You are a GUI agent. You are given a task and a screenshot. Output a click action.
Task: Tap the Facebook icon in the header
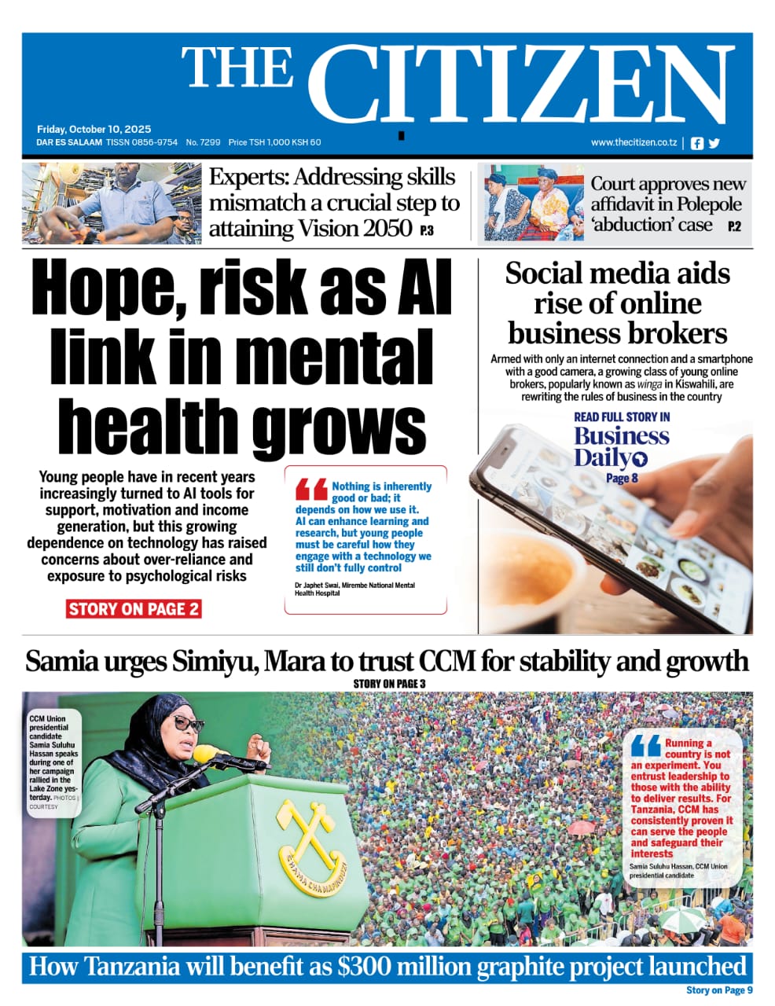pos(696,143)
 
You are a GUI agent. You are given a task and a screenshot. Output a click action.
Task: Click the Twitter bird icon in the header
pos(714,143)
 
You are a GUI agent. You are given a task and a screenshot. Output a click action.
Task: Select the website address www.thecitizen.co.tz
pos(634,142)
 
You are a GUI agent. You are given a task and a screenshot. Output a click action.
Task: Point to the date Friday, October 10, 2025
pos(94,129)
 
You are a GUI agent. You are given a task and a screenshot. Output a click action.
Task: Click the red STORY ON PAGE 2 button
pos(134,609)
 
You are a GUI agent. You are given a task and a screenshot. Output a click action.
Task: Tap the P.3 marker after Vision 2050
pos(427,231)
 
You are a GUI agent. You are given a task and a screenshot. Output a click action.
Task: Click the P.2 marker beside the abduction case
pos(734,227)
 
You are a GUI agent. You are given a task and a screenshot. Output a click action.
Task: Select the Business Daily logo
pos(620,446)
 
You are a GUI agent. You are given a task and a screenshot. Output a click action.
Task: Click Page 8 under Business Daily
pos(622,478)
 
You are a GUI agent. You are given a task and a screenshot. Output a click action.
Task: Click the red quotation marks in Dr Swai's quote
pos(311,490)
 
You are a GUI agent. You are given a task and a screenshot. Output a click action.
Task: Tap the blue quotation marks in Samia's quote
pos(645,745)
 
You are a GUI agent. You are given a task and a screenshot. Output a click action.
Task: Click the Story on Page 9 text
pos(719,990)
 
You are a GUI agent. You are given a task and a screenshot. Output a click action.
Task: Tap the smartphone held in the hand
pos(605,534)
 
